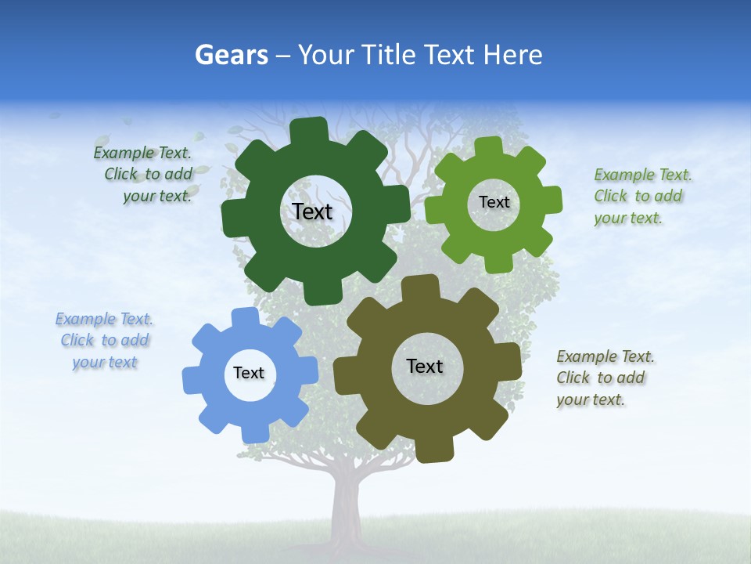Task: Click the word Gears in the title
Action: [x=231, y=55]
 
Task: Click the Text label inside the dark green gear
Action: [x=312, y=211]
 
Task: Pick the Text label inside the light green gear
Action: [x=494, y=202]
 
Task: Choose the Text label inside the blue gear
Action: [x=249, y=373]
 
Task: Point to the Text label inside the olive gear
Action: [x=425, y=366]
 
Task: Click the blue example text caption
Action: [x=104, y=341]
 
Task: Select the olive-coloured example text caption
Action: [x=604, y=378]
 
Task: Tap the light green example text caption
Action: [x=641, y=197]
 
